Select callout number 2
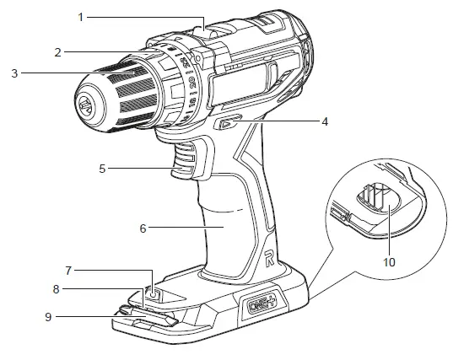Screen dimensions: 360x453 tap(57, 51)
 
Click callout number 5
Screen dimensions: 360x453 tap(102, 169)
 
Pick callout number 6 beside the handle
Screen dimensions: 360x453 tap(143, 227)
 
